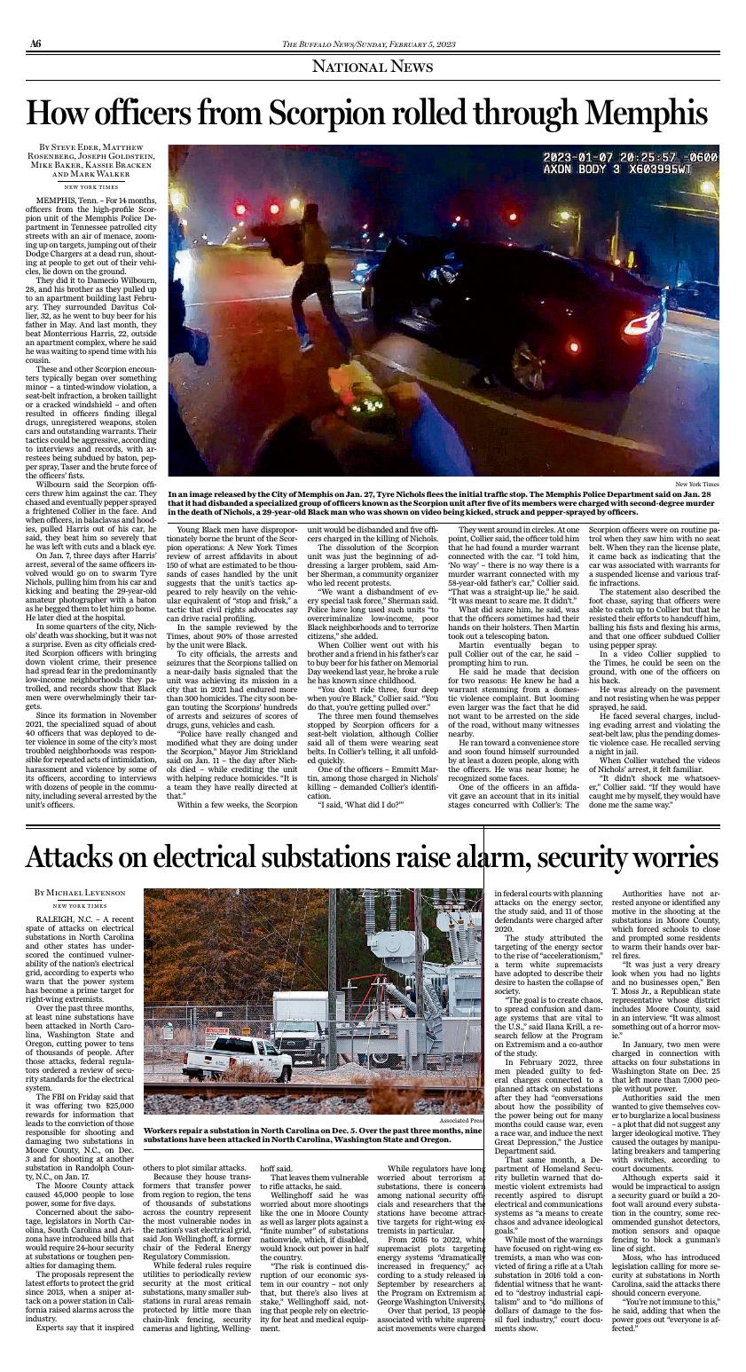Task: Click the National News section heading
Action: (x=373, y=67)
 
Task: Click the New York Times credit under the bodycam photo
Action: (x=696, y=484)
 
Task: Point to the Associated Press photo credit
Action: (x=461, y=1121)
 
